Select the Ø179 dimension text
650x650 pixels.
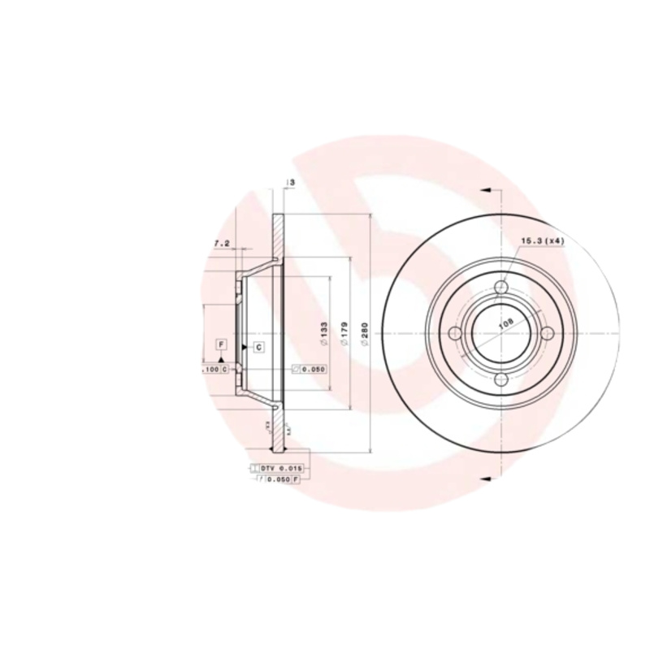click(x=344, y=335)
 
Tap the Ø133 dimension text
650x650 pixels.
click(x=323, y=335)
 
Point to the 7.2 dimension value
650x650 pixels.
click(x=221, y=243)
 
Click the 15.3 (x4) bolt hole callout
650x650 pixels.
click(x=542, y=241)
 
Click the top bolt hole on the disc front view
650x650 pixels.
click(x=501, y=288)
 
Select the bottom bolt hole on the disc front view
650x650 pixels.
click(x=501, y=379)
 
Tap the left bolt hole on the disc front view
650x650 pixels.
click(x=456, y=333)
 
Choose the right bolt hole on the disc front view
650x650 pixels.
click(x=547, y=333)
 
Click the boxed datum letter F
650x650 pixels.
click(x=220, y=344)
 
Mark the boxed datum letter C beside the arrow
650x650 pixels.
click(x=258, y=348)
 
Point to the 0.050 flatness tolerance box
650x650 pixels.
click(x=309, y=369)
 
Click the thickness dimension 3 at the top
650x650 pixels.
click(x=290, y=184)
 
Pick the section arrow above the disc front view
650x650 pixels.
click(x=486, y=189)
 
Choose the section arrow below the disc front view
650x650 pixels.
click(x=486, y=478)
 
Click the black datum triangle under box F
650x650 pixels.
click(x=220, y=358)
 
